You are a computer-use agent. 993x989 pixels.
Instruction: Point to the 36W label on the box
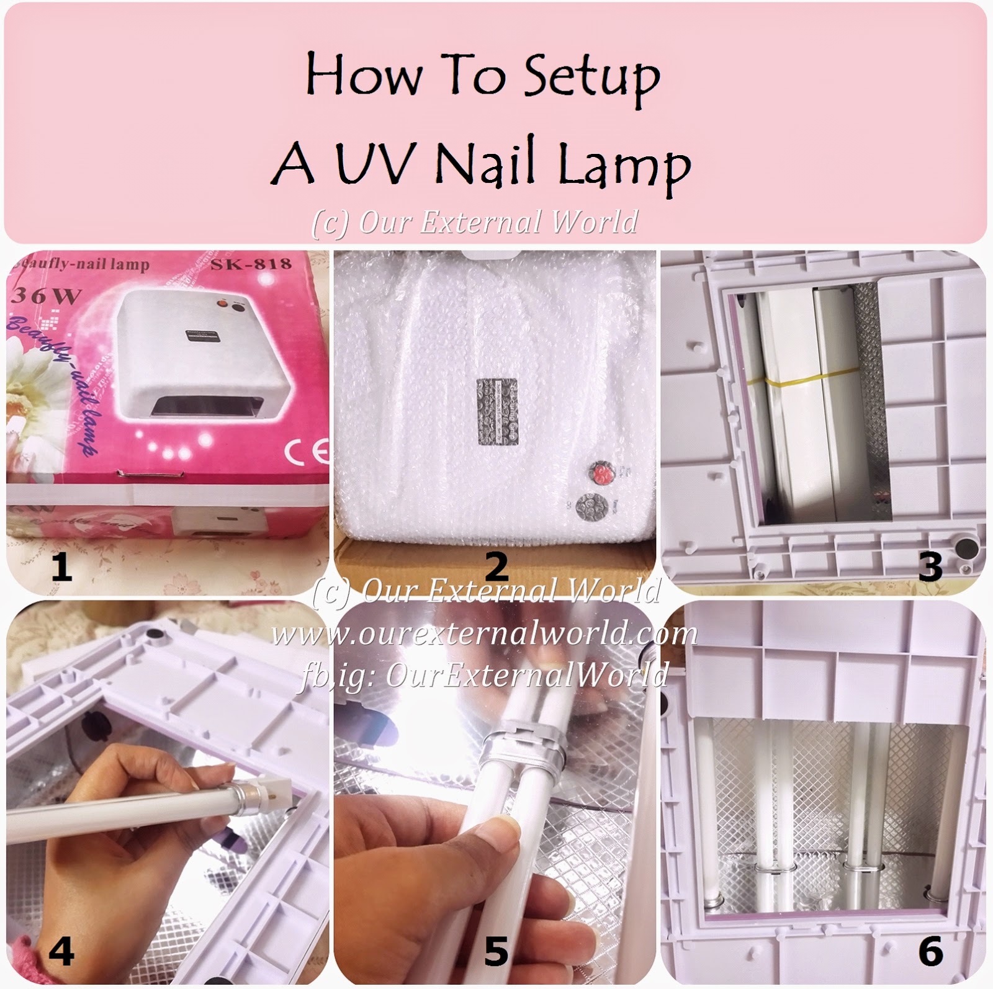pos(46,296)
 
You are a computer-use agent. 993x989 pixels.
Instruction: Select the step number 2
pos(496,566)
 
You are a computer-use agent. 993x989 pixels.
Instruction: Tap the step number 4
pos(61,951)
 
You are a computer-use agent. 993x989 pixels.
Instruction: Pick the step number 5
pos(496,951)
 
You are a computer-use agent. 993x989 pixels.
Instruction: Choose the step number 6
pos(929,951)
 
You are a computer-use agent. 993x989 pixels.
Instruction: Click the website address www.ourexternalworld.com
pos(484,634)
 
